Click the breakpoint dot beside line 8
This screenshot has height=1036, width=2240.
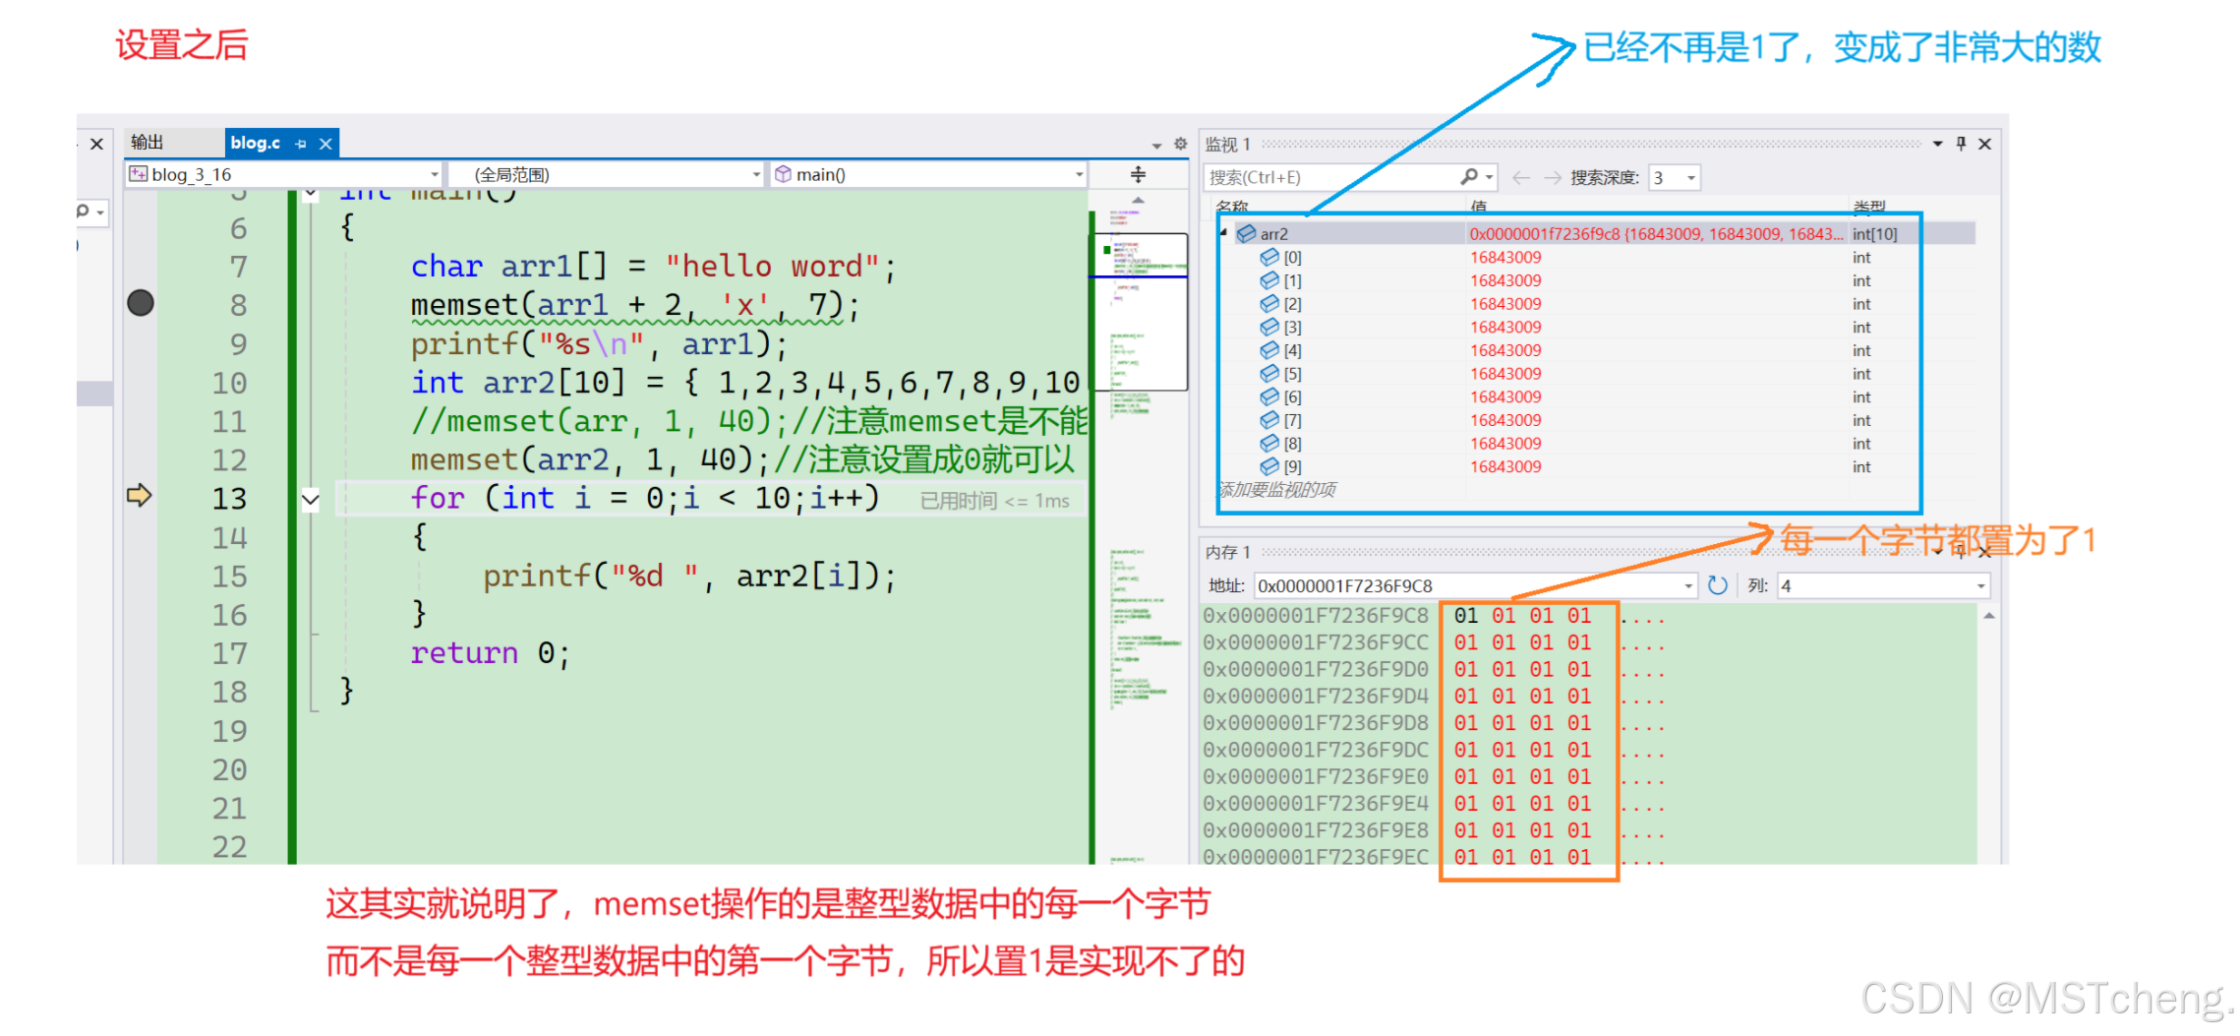[x=141, y=303]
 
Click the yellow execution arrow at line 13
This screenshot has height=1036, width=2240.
[x=139, y=495]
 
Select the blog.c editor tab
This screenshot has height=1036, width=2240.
[x=256, y=143]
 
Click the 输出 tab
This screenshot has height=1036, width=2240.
[x=147, y=143]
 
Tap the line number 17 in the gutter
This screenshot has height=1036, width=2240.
[x=229, y=653]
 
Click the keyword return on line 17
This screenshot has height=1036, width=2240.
[x=463, y=653]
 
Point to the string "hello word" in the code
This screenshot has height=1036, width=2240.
[x=772, y=267]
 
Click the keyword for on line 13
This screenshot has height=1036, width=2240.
[x=437, y=498]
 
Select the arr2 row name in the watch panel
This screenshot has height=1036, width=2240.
[x=1273, y=234]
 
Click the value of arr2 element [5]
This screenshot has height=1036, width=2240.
[x=1505, y=374]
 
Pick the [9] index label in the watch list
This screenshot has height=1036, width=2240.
[x=1292, y=467]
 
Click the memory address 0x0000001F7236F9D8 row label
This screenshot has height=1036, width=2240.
[x=1316, y=723]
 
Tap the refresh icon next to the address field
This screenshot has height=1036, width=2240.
[x=1717, y=585]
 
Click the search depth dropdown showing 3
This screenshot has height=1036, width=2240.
[x=1674, y=178]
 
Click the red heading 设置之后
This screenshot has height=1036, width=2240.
[x=182, y=45]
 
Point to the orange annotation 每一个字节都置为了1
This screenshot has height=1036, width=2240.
[x=1937, y=540]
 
